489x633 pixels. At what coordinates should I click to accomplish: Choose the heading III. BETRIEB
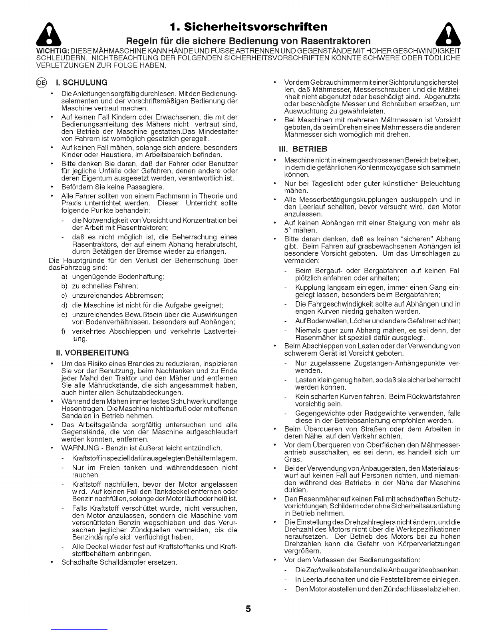point(304,149)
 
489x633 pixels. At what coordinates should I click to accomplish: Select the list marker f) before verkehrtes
point(64,331)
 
